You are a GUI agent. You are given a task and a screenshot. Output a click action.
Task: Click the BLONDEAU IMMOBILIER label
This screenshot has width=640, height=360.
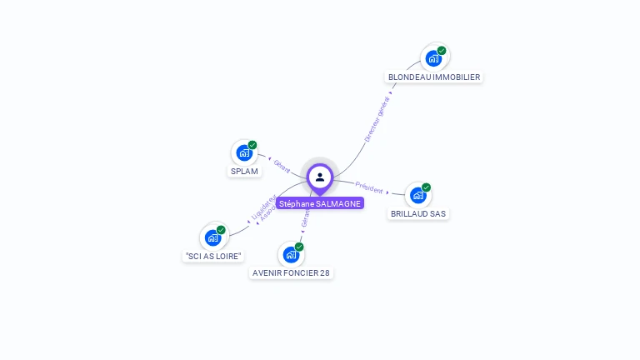[434, 77]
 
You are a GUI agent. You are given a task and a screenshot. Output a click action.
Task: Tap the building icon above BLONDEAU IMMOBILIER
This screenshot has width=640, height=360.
[433, 58]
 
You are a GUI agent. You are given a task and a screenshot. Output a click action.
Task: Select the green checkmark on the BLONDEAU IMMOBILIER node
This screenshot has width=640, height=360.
[442, 51]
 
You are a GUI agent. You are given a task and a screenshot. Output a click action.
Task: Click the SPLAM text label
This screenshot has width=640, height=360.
[244, 171]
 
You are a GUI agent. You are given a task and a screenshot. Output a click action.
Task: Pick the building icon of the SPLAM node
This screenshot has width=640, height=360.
[243, 152]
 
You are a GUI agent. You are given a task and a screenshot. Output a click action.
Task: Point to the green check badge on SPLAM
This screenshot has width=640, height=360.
[252, 145]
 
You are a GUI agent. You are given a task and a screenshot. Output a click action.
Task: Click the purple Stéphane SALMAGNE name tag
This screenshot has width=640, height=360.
[320, 203]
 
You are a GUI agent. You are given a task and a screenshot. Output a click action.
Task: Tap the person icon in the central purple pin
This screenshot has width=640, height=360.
[320, 177]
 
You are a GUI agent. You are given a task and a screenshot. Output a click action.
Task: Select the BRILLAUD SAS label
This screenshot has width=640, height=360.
[418, 213]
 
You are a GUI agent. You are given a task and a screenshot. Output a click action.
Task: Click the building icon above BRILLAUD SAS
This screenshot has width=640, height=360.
[417, 195]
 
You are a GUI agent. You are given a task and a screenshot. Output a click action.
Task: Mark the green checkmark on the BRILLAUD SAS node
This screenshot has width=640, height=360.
[426, 187]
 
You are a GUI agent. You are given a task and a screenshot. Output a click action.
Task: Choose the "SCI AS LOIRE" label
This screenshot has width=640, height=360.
[214, 256]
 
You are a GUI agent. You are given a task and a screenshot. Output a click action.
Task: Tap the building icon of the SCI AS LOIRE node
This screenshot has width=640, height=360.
[213, 237]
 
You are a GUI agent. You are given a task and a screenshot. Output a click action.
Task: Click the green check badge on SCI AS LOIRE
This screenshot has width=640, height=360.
[221, 230]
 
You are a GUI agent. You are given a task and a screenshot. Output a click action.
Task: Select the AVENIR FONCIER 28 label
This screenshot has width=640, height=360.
[292, 272]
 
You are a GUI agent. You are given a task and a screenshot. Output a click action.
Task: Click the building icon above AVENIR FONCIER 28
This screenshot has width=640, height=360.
[291, 254]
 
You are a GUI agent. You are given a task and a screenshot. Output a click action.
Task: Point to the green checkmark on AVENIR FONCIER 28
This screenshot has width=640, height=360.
[299, 247]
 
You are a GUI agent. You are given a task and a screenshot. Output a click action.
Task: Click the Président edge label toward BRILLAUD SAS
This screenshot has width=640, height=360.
[369, 187]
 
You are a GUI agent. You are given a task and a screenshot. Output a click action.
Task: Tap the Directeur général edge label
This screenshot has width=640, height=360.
[377, 119]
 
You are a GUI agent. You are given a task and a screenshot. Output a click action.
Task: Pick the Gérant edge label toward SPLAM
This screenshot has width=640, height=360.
[282, 165]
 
